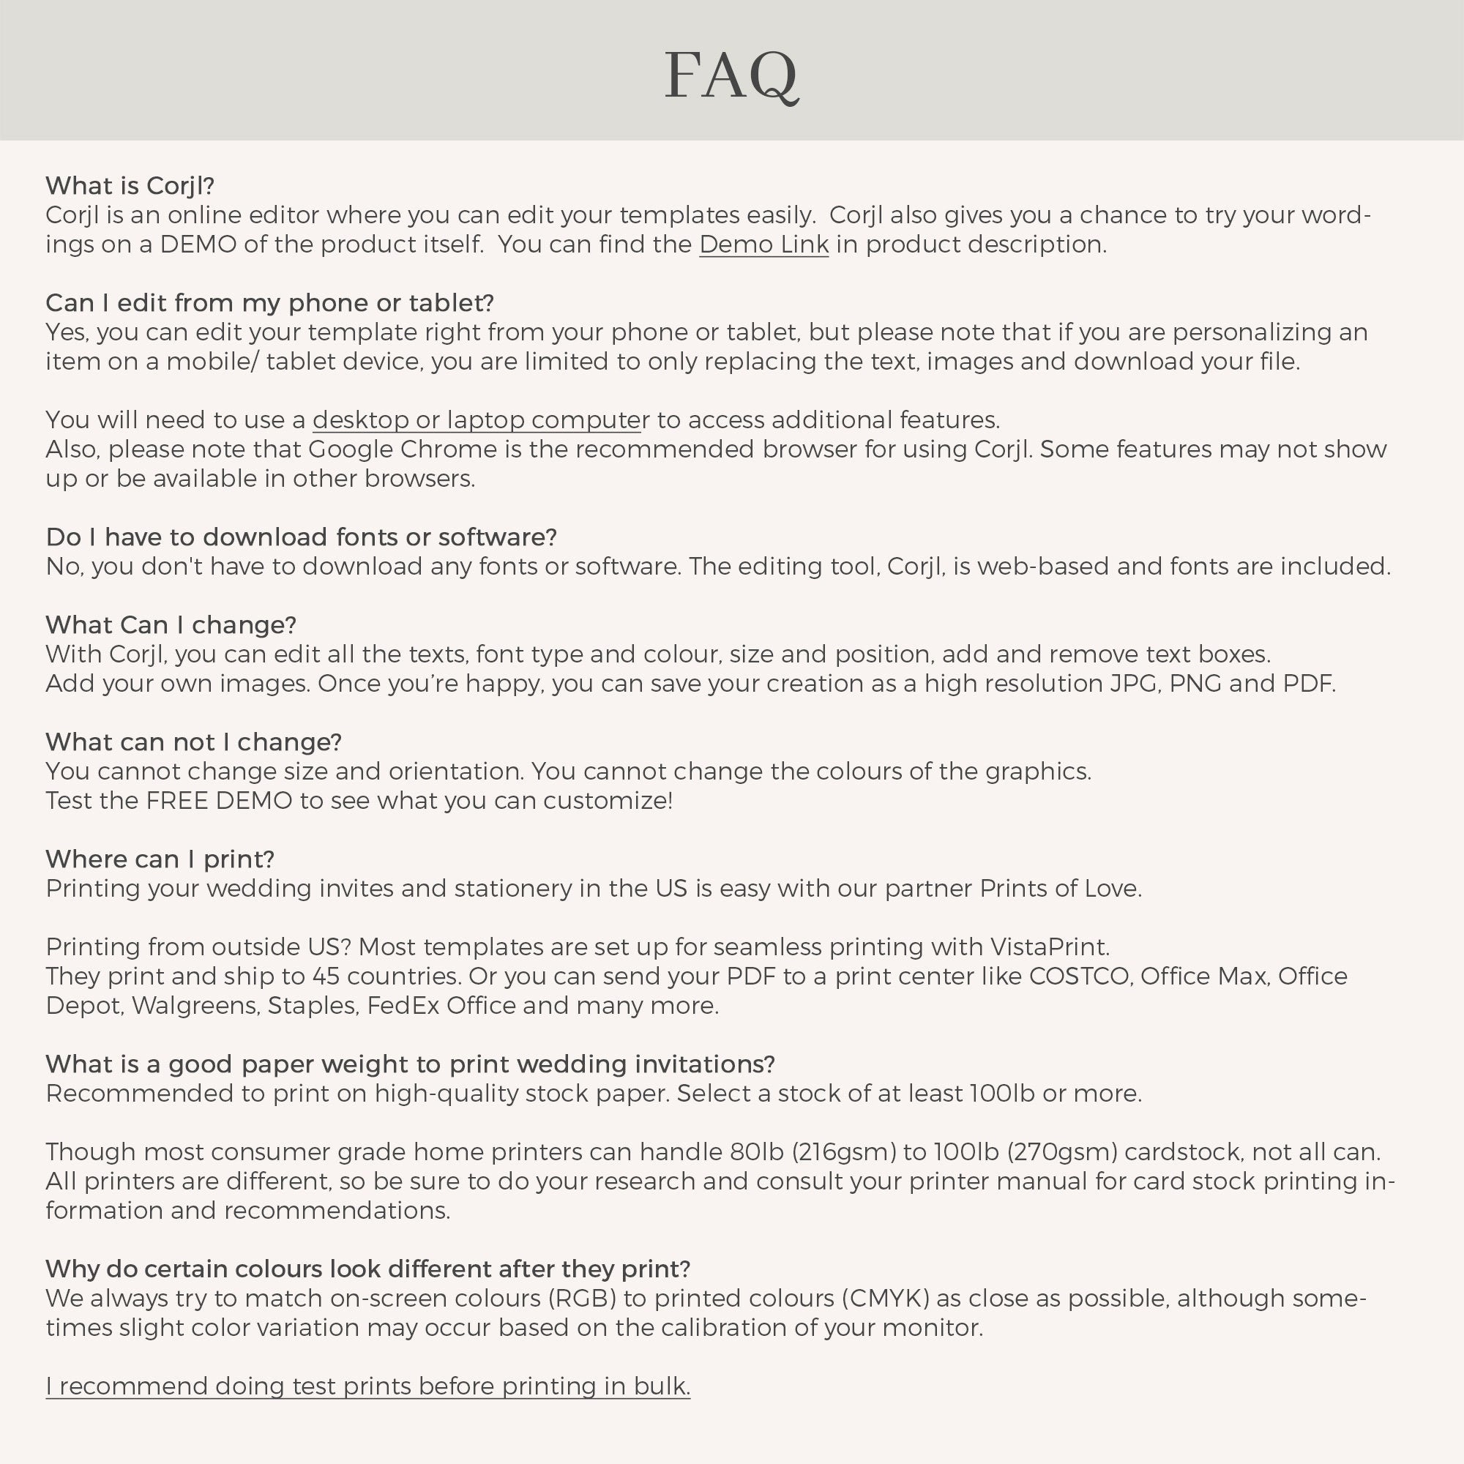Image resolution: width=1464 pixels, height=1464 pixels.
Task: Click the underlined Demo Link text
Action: pyautogui.click(x=763, y=244)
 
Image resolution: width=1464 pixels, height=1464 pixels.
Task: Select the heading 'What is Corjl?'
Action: pyautogui.click(x=130, y=186)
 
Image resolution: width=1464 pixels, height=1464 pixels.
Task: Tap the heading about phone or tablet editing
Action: pyautogui.click(x=270, y=303)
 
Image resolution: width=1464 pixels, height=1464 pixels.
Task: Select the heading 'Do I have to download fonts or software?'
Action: pyautogui.click(x=301, y=537)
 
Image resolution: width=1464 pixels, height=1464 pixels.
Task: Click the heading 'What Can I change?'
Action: pyautogui.click(x=171, y=625)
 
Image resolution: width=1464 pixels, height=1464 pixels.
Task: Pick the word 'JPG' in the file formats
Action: pyautogui.click(x=1135, y=684)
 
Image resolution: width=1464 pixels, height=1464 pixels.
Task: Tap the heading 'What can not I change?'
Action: pyautogui.click(x=193, y=742)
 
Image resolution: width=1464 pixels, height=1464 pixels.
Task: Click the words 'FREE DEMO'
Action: pyautogui.click(x=219, y=801)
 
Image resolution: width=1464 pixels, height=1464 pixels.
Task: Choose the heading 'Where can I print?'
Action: pyautogui.click(x=160, y=859)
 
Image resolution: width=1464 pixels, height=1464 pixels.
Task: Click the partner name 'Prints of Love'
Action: pyautogui.click(x=1059, y=888)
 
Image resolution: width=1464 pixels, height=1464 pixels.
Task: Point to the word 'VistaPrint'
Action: pyautogui.click(x=1049, y=947)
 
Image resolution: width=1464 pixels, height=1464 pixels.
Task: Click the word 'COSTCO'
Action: pyautogui.click(x=1080, y=976)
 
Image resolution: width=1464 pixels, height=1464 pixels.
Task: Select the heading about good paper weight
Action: pyautogui.click(x=410, y=1064)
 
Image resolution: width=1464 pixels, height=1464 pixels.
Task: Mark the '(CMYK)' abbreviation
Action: pyautogui.click(x=885, y=1298)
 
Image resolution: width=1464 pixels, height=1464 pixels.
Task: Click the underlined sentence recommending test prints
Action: pyautogui.click(x=367, y=1386)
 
